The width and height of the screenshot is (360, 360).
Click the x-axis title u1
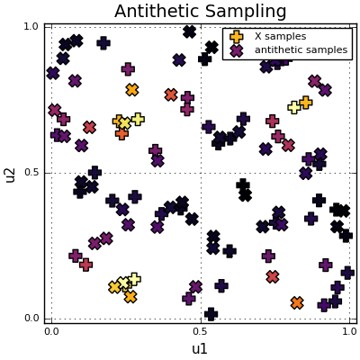coord(200,349)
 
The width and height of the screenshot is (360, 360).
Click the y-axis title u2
coord(10,173)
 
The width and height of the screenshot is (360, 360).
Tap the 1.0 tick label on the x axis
coord(349,332)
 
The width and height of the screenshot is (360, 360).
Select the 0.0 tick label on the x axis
coord(51,332)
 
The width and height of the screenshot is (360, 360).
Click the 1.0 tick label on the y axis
coord(31,26)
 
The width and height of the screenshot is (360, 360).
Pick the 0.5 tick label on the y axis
coord(31,173)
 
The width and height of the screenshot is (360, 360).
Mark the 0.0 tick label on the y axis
coord(31,319)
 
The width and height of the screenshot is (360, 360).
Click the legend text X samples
coord(280,37)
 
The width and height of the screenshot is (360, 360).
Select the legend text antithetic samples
coord(301,50)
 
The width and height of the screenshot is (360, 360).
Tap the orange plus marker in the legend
coord(237,37)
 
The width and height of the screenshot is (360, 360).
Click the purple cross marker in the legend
coord(237,50)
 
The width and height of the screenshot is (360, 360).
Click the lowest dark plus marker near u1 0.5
coord(211,314)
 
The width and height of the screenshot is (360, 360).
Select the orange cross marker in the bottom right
coord(297,303)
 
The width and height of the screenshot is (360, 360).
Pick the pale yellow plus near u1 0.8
coord(293,107)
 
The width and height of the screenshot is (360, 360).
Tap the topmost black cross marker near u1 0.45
coord(189,31)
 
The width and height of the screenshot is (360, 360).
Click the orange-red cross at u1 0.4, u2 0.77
coord(171,94)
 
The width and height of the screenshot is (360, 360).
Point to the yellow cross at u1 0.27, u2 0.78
coord(132,90)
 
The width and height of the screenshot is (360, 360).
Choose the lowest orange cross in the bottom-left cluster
coord(130,297)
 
